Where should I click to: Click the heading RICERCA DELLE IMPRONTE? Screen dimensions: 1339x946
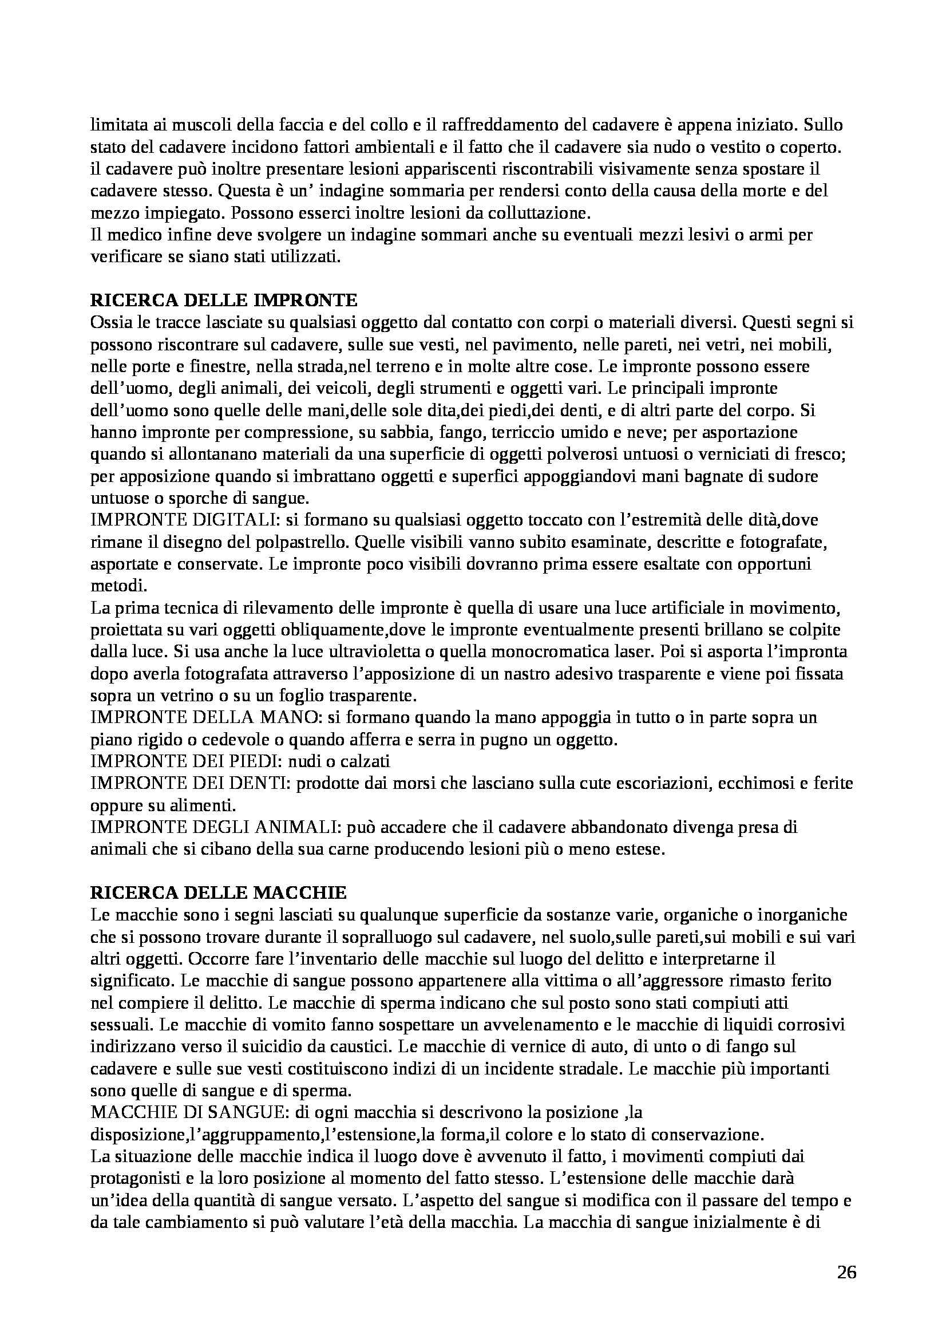point(223,301)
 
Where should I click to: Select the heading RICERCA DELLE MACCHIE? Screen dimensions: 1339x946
point(219,892)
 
